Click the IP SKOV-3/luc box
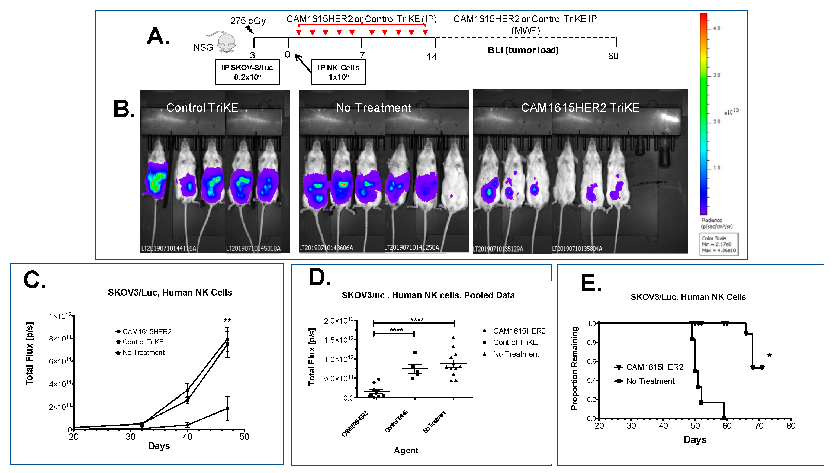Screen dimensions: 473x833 (x=247, y=72)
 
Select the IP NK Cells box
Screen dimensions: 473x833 (x=339, y=72)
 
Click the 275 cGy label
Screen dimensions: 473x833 (x=248, y=21)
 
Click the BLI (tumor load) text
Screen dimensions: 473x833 (x=523, y=50)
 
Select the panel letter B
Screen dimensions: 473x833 (x=124, y=109)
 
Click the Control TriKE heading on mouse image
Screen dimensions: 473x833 (x=202, y=108)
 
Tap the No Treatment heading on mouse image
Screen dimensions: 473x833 (x=374, y=108)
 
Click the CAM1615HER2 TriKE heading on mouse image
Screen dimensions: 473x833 (x=580, y=108)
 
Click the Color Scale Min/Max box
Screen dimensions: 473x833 (x=719, y=244)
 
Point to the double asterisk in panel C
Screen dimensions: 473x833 (x=227, y=321)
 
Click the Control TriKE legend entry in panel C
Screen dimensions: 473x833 (x=143, y=342)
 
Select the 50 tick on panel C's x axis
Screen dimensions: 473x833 (x=245, y=437)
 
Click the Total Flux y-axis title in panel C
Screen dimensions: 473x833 (x=30, y=353)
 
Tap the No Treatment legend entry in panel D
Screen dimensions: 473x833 (x=516, y=354)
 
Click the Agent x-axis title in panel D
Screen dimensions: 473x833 (x=406, y=450)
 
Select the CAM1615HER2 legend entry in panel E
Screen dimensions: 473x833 (x=654, y=367)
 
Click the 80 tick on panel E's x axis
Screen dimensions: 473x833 (x=791, y=426)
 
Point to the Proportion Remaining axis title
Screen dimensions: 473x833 (x=574, y=368)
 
